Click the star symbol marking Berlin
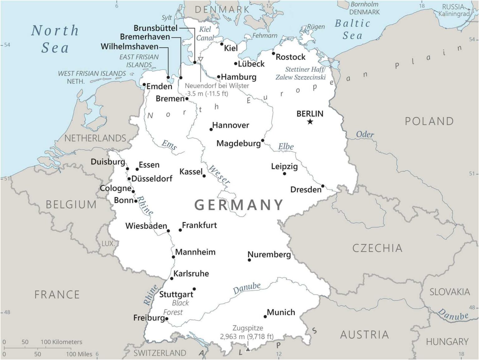310,122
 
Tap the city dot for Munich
265,317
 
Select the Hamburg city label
239,77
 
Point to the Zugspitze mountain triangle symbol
248,349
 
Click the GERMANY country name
239,205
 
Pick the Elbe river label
286,146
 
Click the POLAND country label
429,121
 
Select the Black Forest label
177,307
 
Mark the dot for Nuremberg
249,260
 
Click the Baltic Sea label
352,29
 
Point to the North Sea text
55,39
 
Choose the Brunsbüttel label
155,28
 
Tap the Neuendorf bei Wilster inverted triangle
201,59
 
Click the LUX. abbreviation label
108,244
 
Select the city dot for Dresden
323,186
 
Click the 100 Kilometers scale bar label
61,342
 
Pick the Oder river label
365,134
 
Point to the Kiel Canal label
205,33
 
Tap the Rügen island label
316,27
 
